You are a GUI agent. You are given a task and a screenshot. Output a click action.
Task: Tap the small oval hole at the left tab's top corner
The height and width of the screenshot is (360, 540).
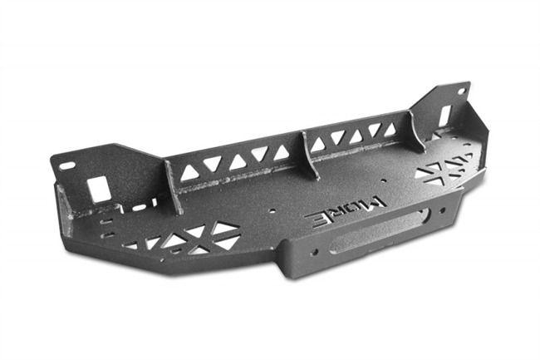point(66,165)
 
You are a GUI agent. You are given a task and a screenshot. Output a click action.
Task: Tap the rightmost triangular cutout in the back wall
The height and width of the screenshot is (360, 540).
point(388,130)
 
